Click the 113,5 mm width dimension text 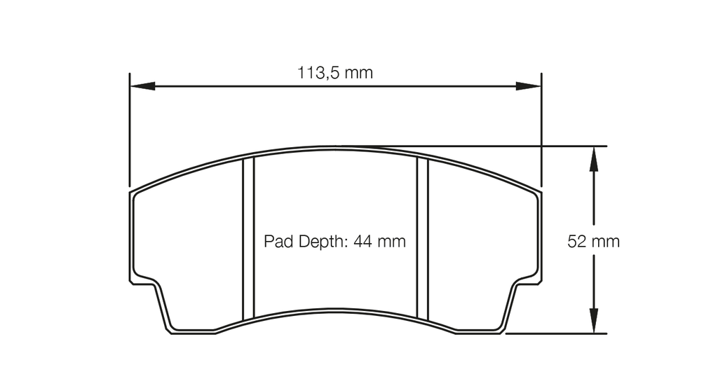coord(335,72)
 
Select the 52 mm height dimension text coord(593,242)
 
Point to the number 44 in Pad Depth coord(363,242)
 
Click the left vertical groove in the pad coord(248,238)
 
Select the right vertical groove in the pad coord(422,238)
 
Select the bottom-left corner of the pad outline coord(172,330)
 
